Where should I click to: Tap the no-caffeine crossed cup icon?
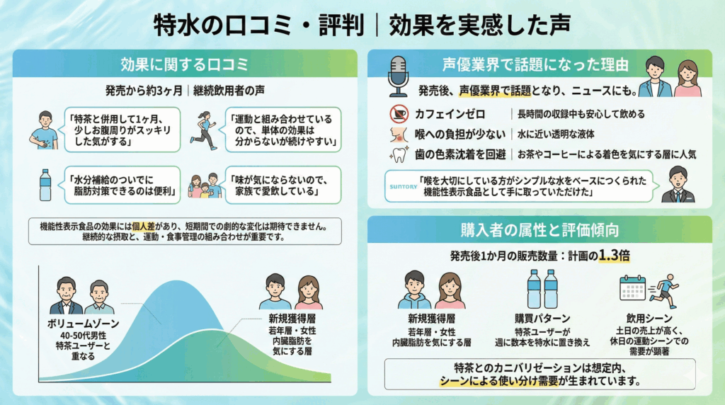399,113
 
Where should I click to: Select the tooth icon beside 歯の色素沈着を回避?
399,154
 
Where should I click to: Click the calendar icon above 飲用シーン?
632,287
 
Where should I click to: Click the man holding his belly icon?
45,129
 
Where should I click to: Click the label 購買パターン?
543,319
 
